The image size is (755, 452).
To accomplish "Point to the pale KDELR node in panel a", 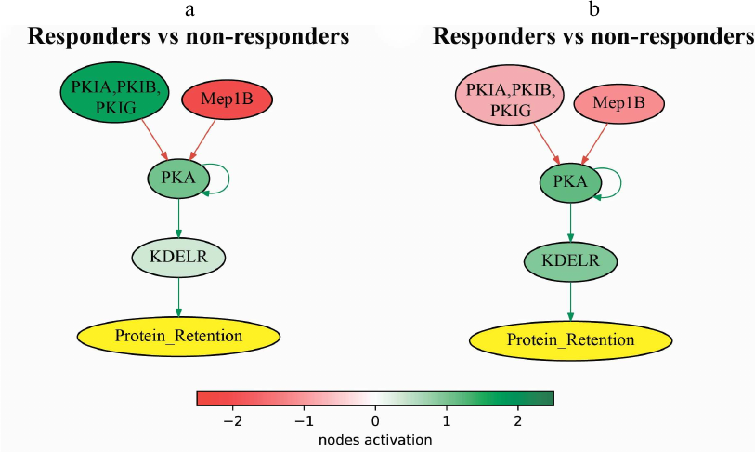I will [179, 255].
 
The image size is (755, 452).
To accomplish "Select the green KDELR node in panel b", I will [570, 260].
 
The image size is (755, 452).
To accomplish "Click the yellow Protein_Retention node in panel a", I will [179, 335].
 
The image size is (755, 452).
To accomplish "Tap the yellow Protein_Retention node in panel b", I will [571, 339].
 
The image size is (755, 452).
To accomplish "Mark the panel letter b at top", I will [594, 11].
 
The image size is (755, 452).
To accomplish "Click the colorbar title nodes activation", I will [375, 438].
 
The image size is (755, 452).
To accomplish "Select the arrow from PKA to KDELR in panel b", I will [570, 223].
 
